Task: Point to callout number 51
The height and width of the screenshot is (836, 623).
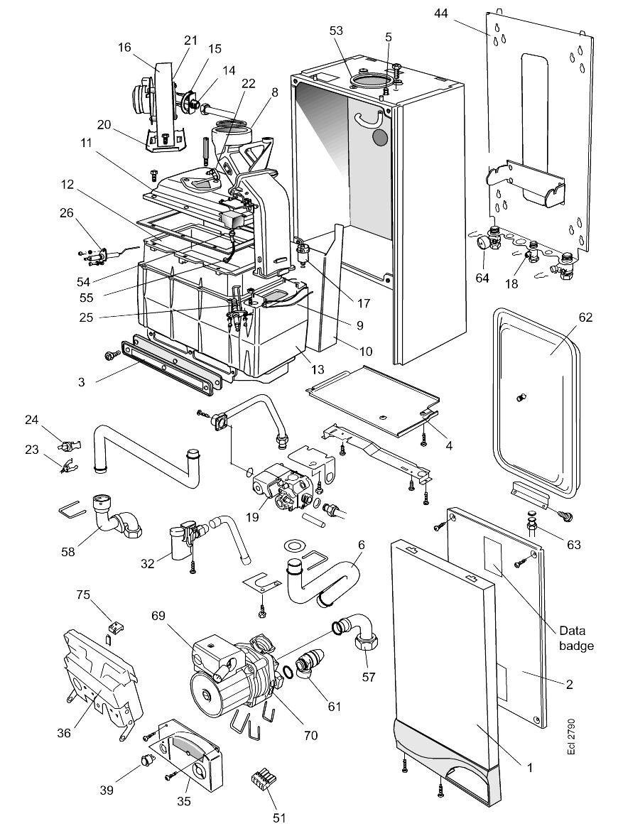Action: pyautogui.click(x=278, y=818)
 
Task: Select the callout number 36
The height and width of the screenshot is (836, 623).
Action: pyautogui.click(x=64, y=733)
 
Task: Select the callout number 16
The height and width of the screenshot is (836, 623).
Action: pyautogui.click(x=124, y=48)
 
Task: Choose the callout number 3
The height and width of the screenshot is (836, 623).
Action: pyautogui.click(x=82, y=381)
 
